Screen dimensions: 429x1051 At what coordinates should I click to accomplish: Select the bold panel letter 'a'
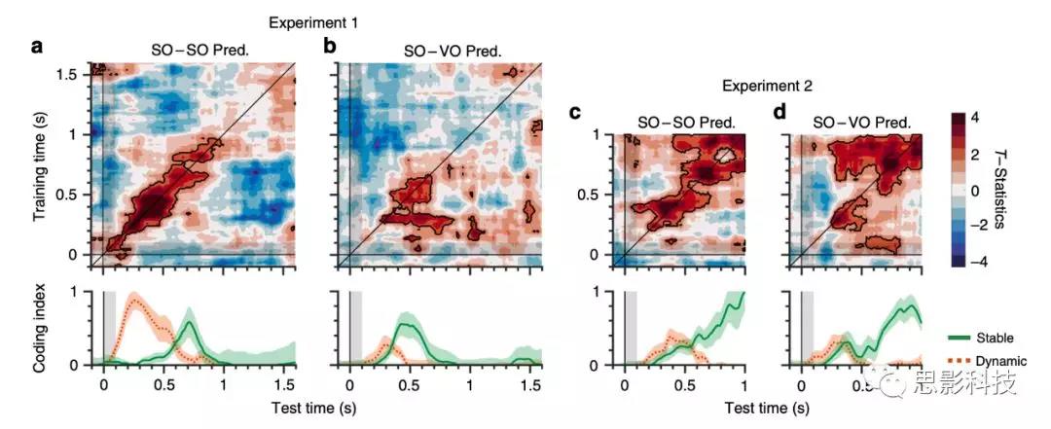[38, 45]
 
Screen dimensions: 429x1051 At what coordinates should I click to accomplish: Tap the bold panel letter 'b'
[329, 45]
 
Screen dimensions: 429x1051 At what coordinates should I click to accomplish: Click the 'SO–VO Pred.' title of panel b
[452, 49]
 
